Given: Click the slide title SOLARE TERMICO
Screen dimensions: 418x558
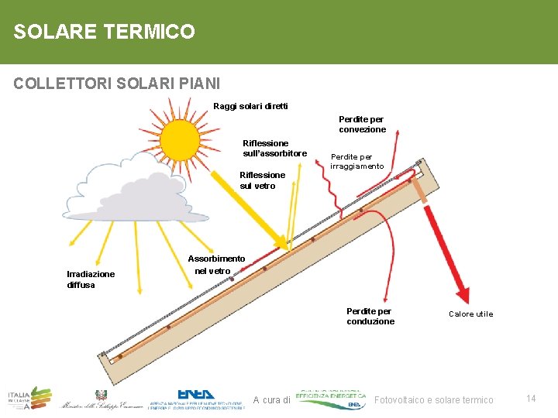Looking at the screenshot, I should pos(104,32).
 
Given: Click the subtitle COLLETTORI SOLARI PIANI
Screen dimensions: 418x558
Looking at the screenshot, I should pos(117,83).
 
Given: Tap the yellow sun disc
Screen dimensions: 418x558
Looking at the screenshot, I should pos(180,139).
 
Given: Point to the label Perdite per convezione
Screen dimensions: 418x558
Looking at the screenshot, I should pos(361,124).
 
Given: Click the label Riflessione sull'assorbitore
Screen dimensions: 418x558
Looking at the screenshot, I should pos(274,148).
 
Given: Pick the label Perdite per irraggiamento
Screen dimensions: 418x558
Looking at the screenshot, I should pos(356,162).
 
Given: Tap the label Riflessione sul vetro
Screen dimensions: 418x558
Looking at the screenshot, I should pos(262,180).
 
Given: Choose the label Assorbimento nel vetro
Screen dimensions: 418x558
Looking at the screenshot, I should pos(216,265).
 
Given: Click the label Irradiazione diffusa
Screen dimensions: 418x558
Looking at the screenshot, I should pos(91,279).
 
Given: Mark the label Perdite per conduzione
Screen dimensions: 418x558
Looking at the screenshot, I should pos(370,316).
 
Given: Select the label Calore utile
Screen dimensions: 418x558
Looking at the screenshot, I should pos(470,313).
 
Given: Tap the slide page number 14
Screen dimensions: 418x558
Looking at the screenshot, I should pos(531,398).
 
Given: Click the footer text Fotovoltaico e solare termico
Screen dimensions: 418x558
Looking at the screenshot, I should pos(434,399).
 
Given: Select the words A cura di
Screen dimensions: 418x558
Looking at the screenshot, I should pos(271,400).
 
